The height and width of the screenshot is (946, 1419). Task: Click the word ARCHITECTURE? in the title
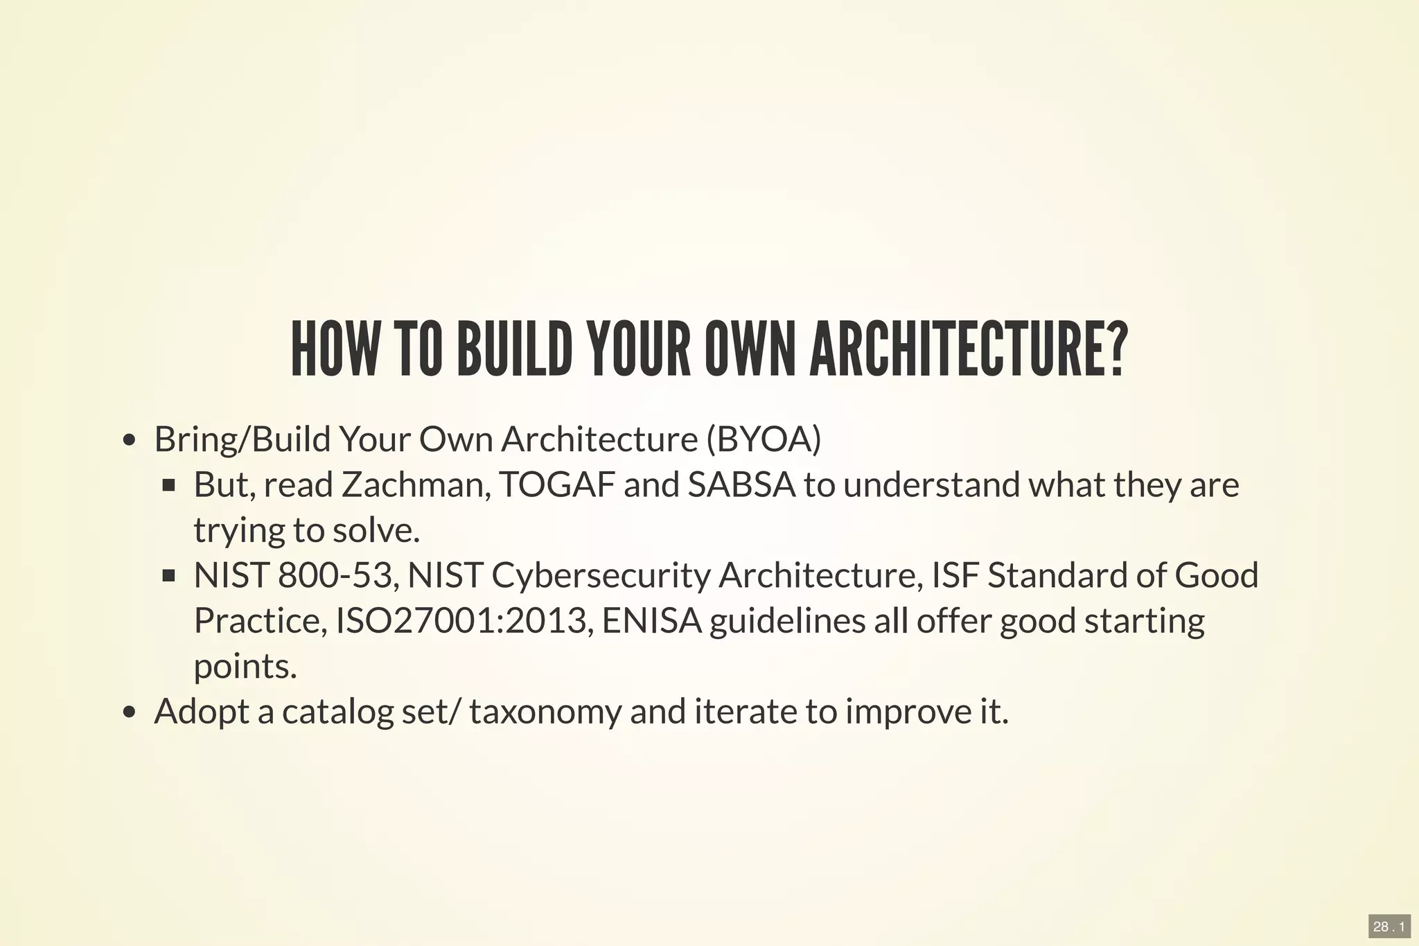click(x=969, y=350)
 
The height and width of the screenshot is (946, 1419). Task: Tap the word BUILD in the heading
click(x=514, y=350)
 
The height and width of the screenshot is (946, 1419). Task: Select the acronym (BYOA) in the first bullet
click(x=764, y=439)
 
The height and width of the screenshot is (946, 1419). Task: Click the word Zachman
click(x=416, y=484)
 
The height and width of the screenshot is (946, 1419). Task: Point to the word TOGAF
click(x=556, y=484)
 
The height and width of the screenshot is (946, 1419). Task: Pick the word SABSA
click(x=741, y=484)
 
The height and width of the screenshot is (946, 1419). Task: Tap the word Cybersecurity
click(x=601, y=575)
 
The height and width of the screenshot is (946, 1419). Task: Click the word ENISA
click(x=652, y=620)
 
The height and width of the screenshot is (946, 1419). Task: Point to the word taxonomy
click(x=545, y=712)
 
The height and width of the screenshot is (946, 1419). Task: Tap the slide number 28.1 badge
click(x=1389, y=927)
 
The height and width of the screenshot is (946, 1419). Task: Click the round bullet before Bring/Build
click(x=128, y=441)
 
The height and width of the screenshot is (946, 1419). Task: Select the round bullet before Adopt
click(x=128, y=712)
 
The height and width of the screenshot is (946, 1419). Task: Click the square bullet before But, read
click(x=168, y=485)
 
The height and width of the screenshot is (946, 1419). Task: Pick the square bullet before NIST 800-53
click(x=168, y=576)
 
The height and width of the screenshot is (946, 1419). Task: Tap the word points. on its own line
click(x=245, y=666)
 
